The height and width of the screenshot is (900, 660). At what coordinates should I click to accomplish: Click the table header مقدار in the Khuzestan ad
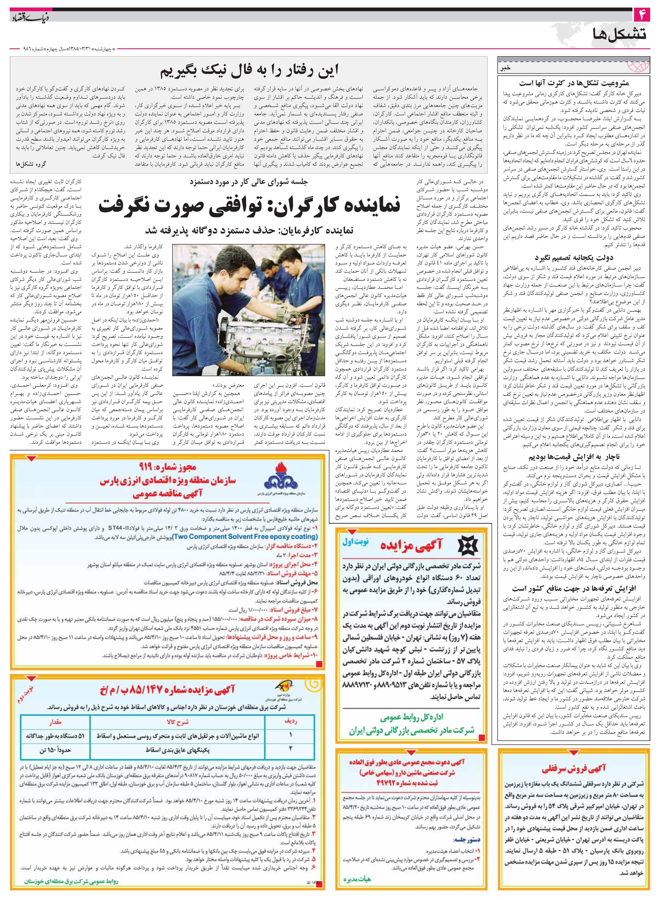(x=55, y=722)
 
